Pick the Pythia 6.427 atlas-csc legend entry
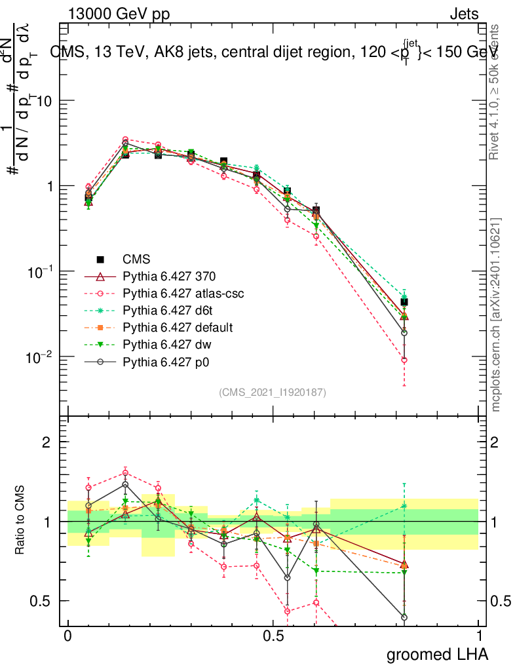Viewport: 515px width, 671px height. [183, 294]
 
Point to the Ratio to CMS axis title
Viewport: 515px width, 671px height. [20, 521]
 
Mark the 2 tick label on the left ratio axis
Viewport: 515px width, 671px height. [47, 442]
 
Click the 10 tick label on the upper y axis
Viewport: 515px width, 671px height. [43, 101]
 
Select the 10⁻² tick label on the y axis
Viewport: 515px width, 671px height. [38, 357]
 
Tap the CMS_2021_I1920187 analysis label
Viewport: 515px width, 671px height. [273, 392]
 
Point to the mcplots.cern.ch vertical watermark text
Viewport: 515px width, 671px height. [496, 315]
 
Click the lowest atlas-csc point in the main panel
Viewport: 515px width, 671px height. [404, 360]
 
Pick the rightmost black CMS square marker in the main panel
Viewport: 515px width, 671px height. [404, 302]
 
